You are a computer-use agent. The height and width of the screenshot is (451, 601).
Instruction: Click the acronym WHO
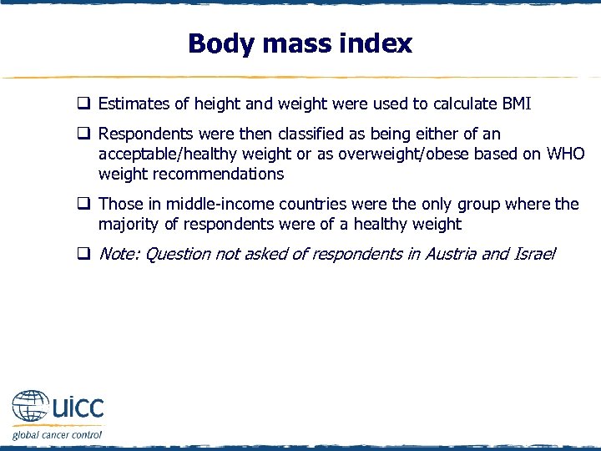click(565, 154)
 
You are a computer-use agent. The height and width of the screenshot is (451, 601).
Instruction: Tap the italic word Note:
click(119, 254)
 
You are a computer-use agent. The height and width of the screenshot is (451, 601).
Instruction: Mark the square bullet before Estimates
click(84, 104)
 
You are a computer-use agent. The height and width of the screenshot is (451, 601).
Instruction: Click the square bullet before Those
click(84, 204)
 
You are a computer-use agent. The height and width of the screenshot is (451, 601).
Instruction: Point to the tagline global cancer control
click(57, 434)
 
